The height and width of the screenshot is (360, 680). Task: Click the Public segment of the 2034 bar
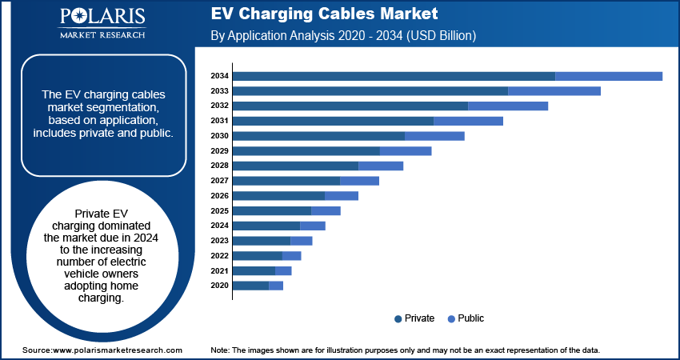tap(609, 76)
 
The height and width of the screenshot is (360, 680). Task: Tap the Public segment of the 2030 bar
tap(434, 136)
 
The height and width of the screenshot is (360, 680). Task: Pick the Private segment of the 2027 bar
tap(286, 181)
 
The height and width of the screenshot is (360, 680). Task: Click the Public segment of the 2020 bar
tap(276, 286)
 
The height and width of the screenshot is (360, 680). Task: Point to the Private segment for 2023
tap(262, 240)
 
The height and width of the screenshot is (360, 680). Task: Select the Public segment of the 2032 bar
tap(508, 106)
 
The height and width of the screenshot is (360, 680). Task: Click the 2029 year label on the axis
tap(220, 151)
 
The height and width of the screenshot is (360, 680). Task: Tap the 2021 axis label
tap(220, 271)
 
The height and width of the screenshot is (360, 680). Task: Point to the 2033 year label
tap(220, 91)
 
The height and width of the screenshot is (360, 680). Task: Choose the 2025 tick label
tap(220, 211)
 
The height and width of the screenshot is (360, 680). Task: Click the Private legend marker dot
tap(398, 318)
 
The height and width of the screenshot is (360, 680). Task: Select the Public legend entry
tap(470, 318)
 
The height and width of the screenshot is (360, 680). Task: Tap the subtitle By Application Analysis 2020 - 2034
tap(343, 36)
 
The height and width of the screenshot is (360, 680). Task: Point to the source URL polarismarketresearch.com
tap(118, 350)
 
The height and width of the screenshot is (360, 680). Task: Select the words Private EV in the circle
tap(101, 214)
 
